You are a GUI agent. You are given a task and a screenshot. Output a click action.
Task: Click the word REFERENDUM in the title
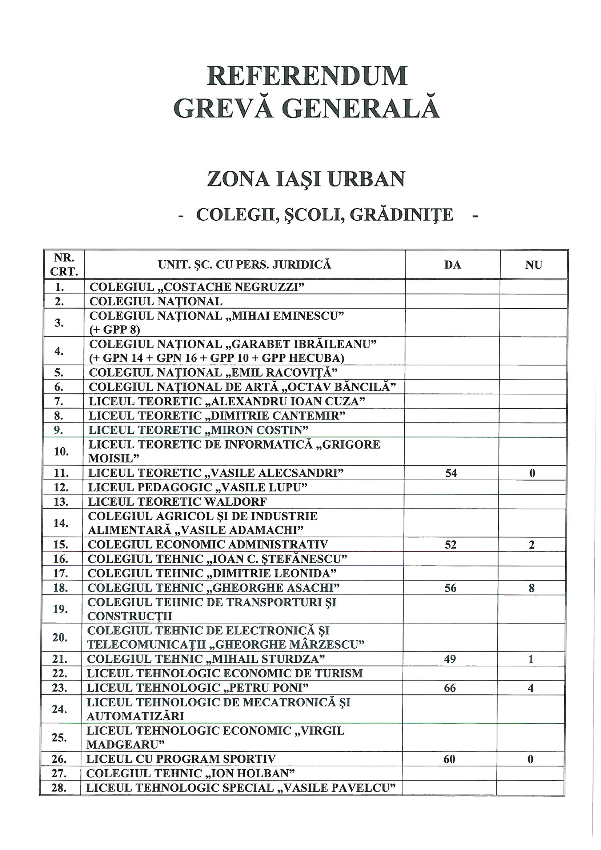pos(307,76)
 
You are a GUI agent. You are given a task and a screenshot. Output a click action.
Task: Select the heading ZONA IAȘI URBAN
pos(306,179)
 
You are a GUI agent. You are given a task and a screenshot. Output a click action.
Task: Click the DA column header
pos(453,265)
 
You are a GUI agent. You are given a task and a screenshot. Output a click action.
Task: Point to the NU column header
pos(533,265)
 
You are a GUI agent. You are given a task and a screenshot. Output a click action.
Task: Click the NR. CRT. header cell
pos(64,264)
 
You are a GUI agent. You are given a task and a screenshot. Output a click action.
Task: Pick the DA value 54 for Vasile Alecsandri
pos(451,473)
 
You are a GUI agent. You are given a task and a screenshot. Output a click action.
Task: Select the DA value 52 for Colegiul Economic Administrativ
pos(450,545)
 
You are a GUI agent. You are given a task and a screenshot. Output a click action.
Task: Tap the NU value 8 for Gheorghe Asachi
pos(532,588)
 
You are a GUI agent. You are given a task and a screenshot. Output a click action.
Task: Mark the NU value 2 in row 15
pos(532,545)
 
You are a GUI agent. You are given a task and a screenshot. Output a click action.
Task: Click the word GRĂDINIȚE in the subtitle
pos(401,215)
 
